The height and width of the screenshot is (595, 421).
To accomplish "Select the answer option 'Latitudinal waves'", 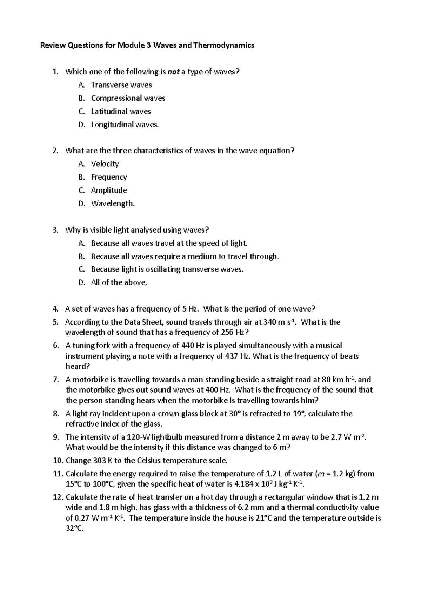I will point(121,112).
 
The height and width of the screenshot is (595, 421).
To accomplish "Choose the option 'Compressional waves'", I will point(128,98).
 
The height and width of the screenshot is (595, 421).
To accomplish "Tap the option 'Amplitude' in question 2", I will point(109,190).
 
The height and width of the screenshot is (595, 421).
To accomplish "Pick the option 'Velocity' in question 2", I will point(105,164).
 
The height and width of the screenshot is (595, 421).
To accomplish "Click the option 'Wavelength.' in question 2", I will point(113,203).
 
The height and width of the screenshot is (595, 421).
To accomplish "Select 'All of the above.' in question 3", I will point(119,282).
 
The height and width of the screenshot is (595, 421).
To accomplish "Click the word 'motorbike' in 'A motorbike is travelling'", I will point(91,380).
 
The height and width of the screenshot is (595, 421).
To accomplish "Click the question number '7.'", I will point(56,380).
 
